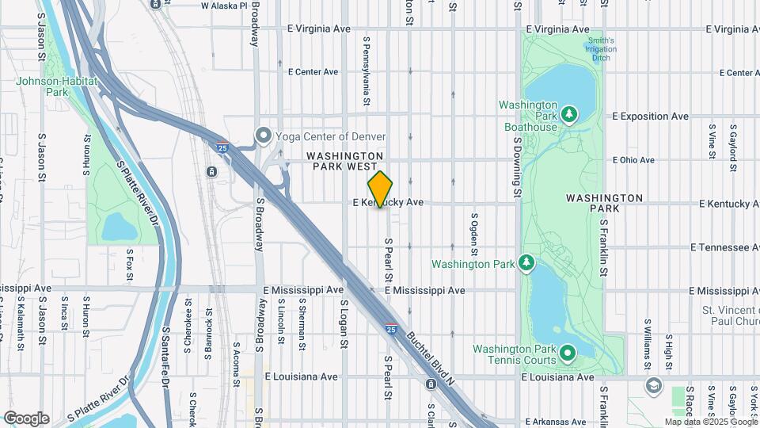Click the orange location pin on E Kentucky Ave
[x=380, y=189]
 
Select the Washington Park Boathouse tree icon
[x=568, y=116]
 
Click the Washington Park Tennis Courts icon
[x=568, y=352]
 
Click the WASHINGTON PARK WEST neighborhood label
[x=345, y=162]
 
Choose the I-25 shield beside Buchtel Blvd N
[x=390, y=327]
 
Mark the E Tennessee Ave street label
[x=725, y=247]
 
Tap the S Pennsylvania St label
[x=367, y=70]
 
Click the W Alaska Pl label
[x=224, y=6]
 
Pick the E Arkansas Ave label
[x=560, y=422]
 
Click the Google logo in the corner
[x=26, y=418]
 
